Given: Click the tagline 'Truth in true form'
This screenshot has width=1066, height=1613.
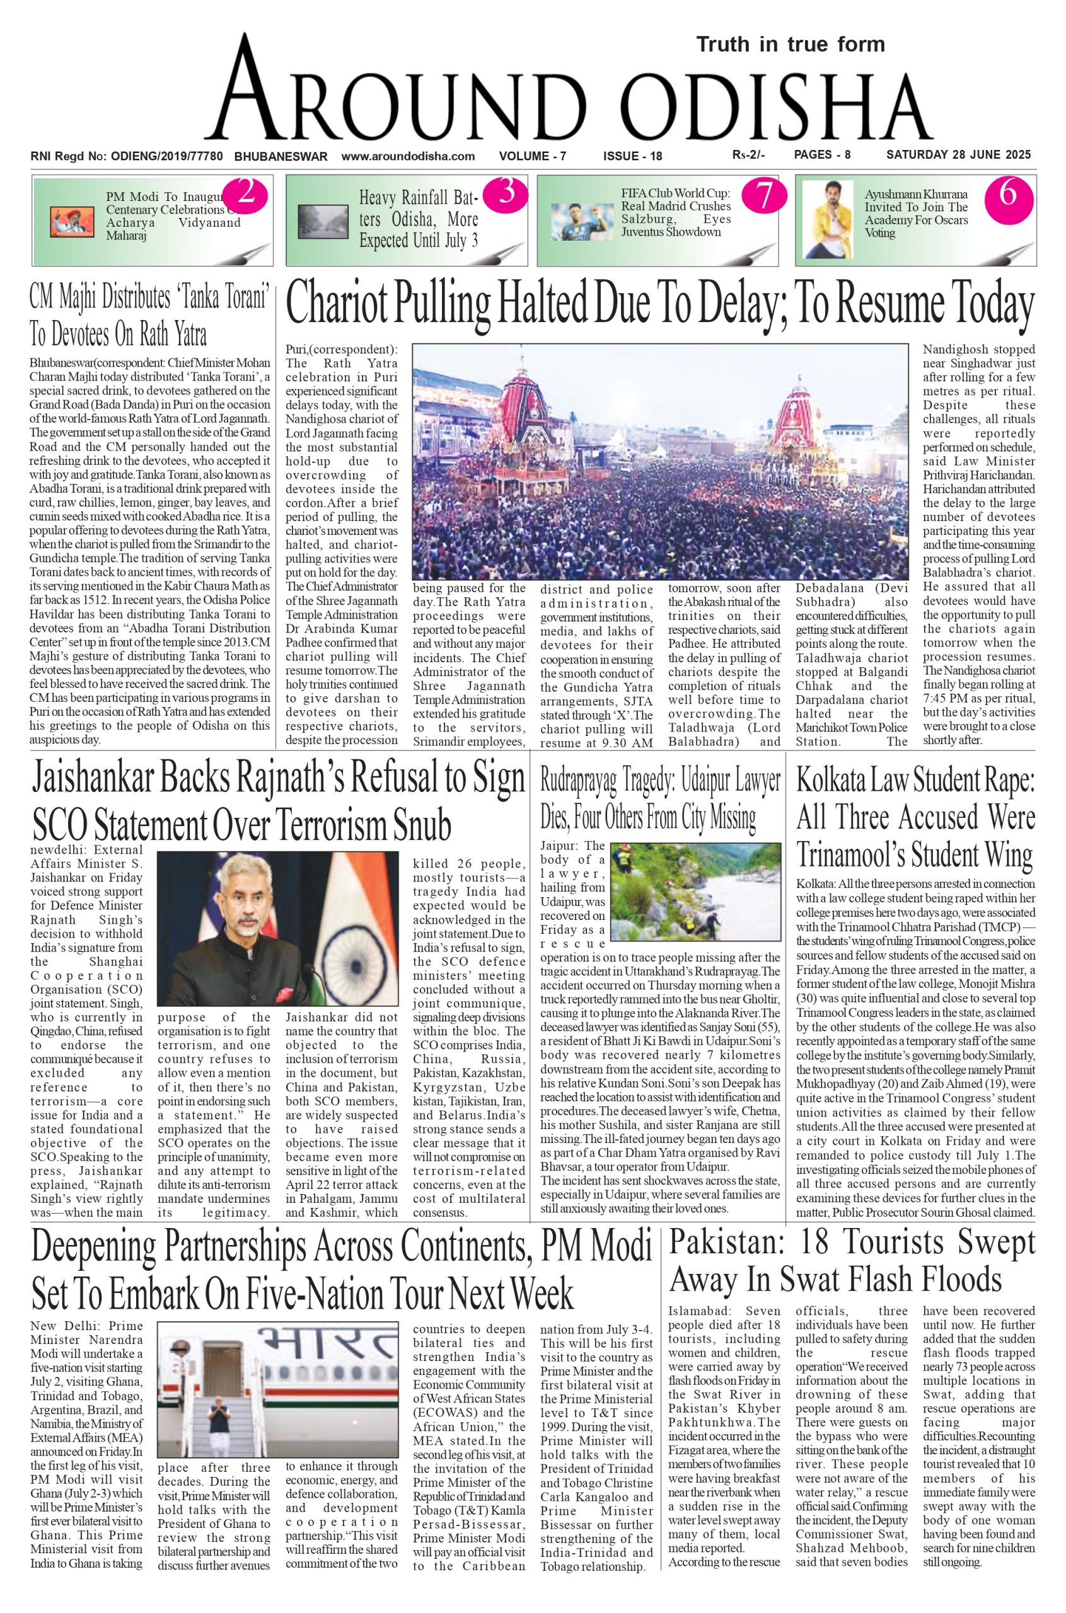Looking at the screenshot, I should tap(790, 45).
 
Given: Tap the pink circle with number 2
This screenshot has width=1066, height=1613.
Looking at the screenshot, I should tap(245, 194).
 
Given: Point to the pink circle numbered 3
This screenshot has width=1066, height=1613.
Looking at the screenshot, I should tap(506, 193).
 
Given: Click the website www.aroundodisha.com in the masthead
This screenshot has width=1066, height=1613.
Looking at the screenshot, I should tap(408, 156).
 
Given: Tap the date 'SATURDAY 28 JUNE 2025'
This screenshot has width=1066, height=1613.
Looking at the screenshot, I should tap(959, 155).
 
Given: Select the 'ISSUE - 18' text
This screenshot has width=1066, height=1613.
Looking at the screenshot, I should tap(632, 156).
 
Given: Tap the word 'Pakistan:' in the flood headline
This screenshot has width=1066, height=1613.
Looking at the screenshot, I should tap(721, 1244).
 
